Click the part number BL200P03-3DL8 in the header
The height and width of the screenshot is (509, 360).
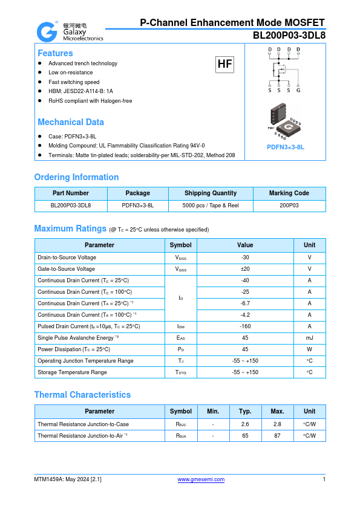point(289,36)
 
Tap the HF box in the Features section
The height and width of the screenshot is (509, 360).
point(224,64)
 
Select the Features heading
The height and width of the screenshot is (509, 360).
point(55,53)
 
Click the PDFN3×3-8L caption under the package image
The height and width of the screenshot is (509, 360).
point(285,147)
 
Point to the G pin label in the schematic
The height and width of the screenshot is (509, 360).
point(298,90)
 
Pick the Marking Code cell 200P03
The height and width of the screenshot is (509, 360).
point(289,206)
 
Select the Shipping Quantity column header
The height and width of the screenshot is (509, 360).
point(211,193)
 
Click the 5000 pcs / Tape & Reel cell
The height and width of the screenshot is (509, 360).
point(211,206)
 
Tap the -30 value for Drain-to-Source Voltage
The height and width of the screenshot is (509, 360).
point(245,258)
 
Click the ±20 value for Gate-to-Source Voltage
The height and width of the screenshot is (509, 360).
point(245,269)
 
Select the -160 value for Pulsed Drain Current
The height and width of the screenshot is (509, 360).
point(245,326)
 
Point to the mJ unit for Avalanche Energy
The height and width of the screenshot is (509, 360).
point(309,338)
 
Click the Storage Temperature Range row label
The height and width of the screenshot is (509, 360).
point(72,372)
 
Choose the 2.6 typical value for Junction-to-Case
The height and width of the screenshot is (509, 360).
point(245,424)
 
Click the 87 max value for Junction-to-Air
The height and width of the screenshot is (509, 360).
point(277,435)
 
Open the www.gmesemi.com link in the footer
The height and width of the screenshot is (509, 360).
point(200,479)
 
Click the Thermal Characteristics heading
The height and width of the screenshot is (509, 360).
point(82,395)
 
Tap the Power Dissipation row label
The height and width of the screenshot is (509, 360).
point(74,349)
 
